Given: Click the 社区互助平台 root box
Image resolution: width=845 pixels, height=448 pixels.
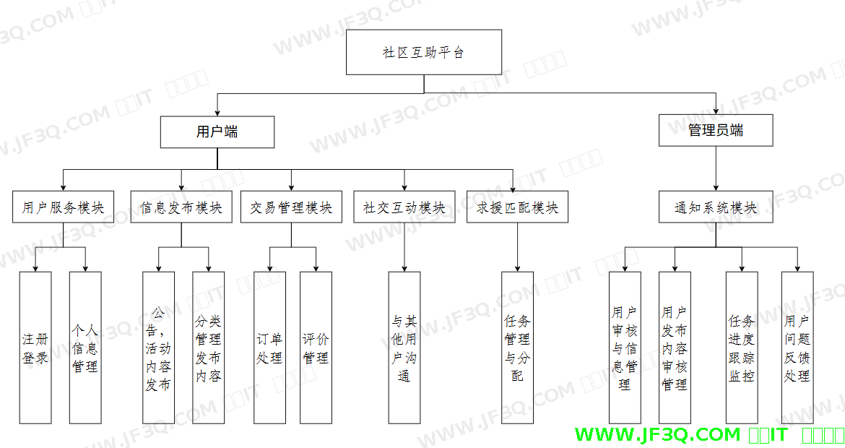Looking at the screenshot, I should coord(424,52).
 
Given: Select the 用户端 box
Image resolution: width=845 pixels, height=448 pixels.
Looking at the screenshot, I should coord(217,132).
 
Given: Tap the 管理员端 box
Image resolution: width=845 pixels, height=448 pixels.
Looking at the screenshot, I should coord(716,131).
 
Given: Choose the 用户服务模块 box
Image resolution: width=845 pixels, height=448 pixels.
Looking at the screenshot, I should coord(63,207).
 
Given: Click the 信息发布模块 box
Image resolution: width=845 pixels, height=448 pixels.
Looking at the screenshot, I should coord(181,207).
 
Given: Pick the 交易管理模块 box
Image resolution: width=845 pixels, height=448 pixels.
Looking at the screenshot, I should coord(291,207).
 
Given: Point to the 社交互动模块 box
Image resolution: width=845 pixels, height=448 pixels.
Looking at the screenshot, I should coord(404,207).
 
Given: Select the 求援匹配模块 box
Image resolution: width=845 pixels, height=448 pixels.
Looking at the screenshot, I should coord(517,207).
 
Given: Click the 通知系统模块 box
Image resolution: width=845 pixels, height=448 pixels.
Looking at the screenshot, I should coord(716,207).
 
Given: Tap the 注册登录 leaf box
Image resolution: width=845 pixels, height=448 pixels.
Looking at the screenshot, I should coord(35,348).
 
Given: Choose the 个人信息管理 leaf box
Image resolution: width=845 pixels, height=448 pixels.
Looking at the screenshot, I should coord(85,348).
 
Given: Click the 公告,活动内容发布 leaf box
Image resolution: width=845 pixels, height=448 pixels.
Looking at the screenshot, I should coord(158,348).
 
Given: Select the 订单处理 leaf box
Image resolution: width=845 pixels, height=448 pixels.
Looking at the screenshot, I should coord(269,348).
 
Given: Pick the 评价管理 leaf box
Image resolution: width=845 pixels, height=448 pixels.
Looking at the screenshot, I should coord(316,348).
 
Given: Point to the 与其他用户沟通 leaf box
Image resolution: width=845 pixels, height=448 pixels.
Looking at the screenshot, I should coord(404,348).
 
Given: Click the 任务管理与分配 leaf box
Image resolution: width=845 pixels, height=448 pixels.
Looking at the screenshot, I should coord(517,348).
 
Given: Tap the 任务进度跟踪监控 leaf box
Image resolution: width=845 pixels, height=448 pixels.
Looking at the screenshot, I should coord(742,348).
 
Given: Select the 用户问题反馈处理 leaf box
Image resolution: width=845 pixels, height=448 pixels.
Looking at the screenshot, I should coord(797,348).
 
